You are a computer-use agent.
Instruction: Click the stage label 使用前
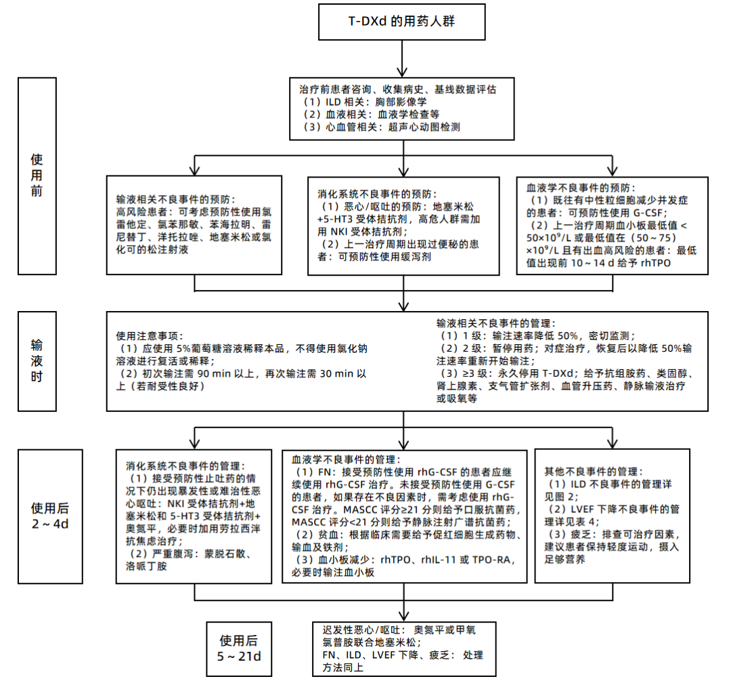[x=37, y=175]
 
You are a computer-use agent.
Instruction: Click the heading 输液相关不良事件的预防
[x=175, y=200]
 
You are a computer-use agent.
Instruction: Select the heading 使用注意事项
[x=148, y=335]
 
